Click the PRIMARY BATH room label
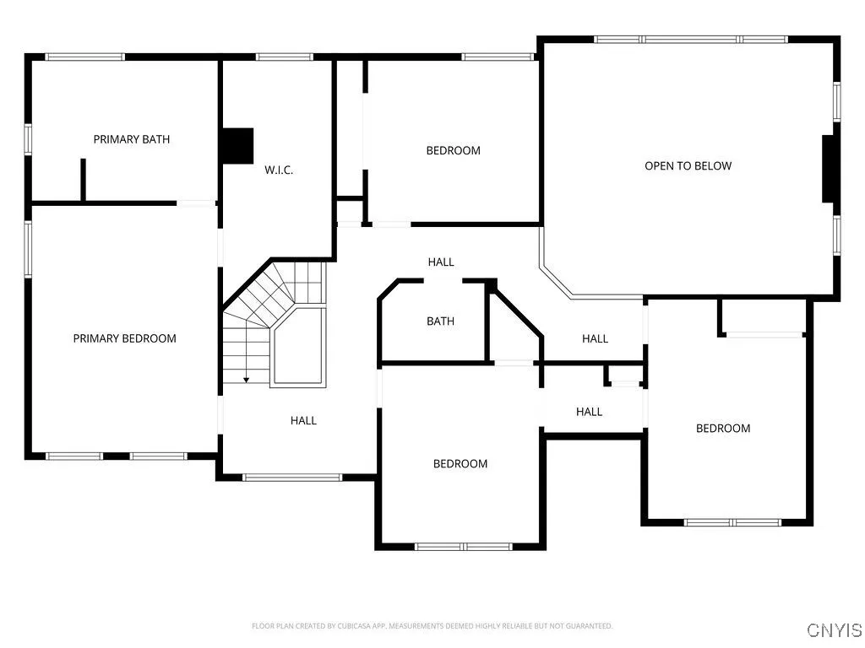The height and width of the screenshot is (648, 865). [x=131, y=139]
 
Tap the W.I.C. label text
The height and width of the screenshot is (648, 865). [x=279, y=170]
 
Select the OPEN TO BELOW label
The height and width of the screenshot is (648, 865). [x=688, y=166]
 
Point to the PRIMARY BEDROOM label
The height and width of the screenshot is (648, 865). [x=124, y=338]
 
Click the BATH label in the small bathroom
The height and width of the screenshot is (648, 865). [x=440, y=321]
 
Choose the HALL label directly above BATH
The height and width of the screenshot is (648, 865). [x=440, y=262]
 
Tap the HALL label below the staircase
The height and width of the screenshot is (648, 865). [x=303, y=420]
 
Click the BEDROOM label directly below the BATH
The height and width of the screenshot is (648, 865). [x=460, y=464]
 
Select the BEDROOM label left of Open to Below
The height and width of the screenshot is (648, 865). [x=453, y=151]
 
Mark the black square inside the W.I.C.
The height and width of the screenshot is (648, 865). [x=237, y=145]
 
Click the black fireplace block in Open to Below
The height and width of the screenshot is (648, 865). [x=830, y=169]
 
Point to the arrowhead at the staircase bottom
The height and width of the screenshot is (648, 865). [x=246, y=381]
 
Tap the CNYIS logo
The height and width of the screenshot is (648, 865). [x=834, y=630]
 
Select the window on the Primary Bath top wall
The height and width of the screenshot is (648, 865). [x=84, y=57]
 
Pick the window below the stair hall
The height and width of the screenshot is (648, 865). [x=292, y=478]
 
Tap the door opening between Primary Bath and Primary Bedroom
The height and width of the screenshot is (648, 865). [x=196, y=202]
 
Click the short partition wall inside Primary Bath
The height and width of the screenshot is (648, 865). [x=83, y=179]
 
